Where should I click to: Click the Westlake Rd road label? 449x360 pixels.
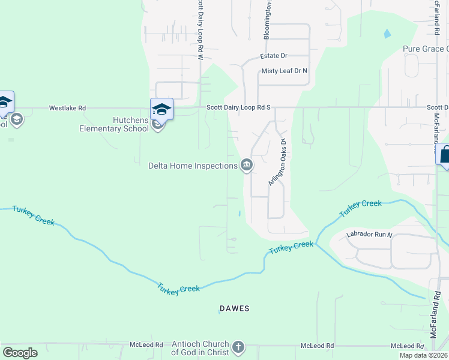(67, 108)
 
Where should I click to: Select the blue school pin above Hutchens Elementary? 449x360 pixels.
(161, 108)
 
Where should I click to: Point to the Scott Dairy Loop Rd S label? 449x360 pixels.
(238, 107)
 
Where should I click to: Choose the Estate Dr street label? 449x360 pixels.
(274, 56)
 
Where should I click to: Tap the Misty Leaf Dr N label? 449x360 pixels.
(284, 71)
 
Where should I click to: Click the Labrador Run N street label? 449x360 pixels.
(369, 235)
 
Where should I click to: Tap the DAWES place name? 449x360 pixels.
(234, 308)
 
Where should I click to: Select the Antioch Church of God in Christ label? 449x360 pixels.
(200, 348)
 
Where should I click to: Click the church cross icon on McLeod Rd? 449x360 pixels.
(238, 347)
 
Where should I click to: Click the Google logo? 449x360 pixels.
(20, 353)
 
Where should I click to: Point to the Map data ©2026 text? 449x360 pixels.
(423, 355)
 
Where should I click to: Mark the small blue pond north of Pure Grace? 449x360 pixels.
(387, 33)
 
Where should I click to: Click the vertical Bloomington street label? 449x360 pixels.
(268, 21)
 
